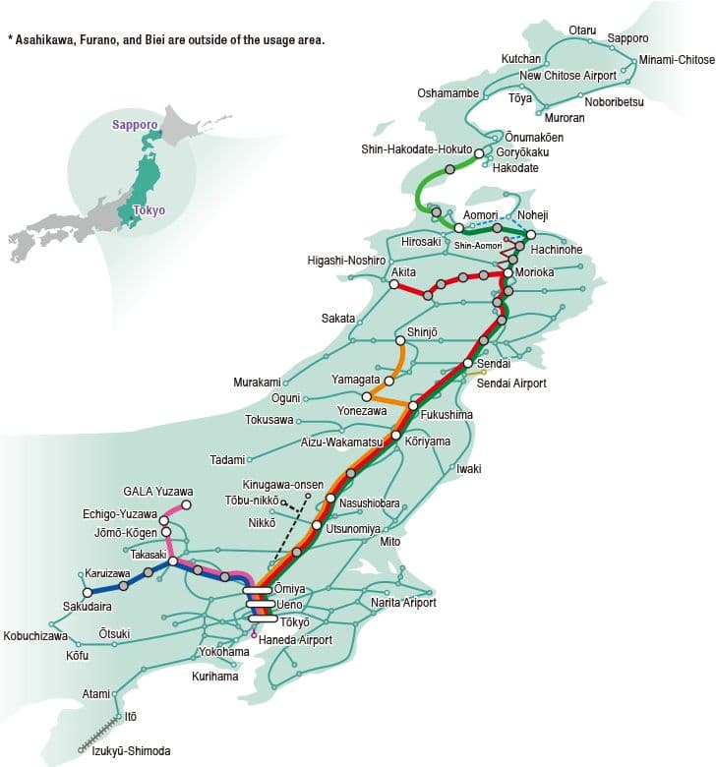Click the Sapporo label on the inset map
tap(135, 126)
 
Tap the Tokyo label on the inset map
tap(149, 210)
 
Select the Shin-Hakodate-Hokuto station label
tap(417, 149)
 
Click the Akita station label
tap(403, 271)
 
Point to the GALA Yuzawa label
tap(158, 492)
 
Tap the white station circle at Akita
tap(393, 285)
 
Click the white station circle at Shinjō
tap(400, 341)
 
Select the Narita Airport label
tap(403, 602)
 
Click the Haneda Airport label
tap(295, 640)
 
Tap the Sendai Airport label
tap(511, 383)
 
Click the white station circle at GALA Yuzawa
tap(187, 505)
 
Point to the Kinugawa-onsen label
tap(283, 485)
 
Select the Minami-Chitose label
tap(677, 60)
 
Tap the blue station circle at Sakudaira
tap(86, 592)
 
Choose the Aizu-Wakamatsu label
tap(341, 442)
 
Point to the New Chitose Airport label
tap(567, 76)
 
